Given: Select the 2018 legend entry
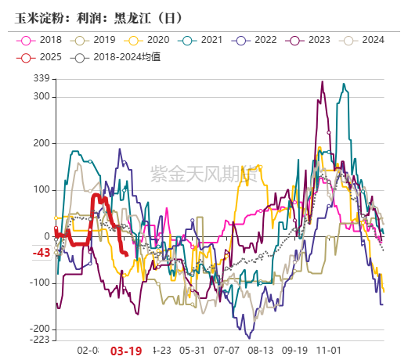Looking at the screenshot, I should click(x=42, y=40).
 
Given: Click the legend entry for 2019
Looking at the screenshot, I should click(x=96, y=40).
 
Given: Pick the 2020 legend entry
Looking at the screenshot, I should click(x=149, y=40).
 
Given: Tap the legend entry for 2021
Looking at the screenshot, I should click(x=203, y=40).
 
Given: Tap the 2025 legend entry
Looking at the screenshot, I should click(x=42, y=57).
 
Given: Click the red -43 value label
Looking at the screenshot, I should click(x=42, y=253).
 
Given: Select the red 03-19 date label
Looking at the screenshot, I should click(x=126, y=351).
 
